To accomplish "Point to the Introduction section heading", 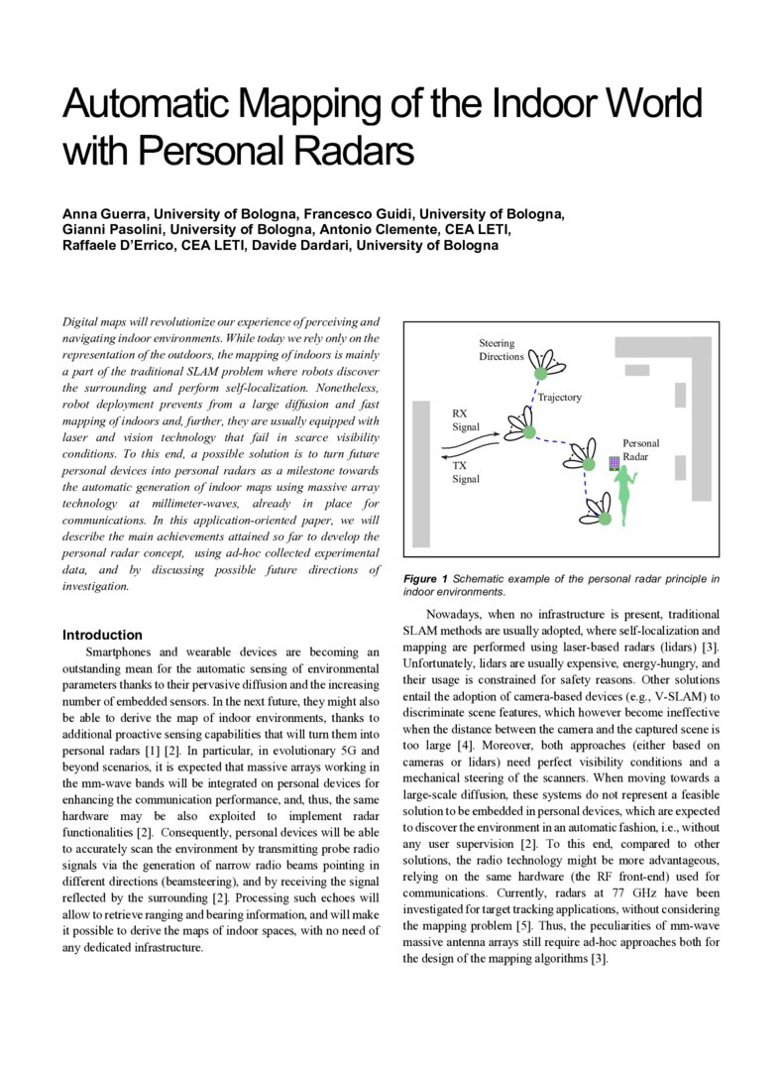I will [102, 635].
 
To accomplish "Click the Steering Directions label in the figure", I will [502, 350].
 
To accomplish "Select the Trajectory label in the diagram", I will [559, 398].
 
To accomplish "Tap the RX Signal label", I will [466, 420].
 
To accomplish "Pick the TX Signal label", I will [466, 472].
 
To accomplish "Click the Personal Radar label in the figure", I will [640, 449].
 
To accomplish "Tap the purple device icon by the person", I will [614, 462].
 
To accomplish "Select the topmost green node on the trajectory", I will [541, 374].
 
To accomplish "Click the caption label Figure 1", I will [425, 579].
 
